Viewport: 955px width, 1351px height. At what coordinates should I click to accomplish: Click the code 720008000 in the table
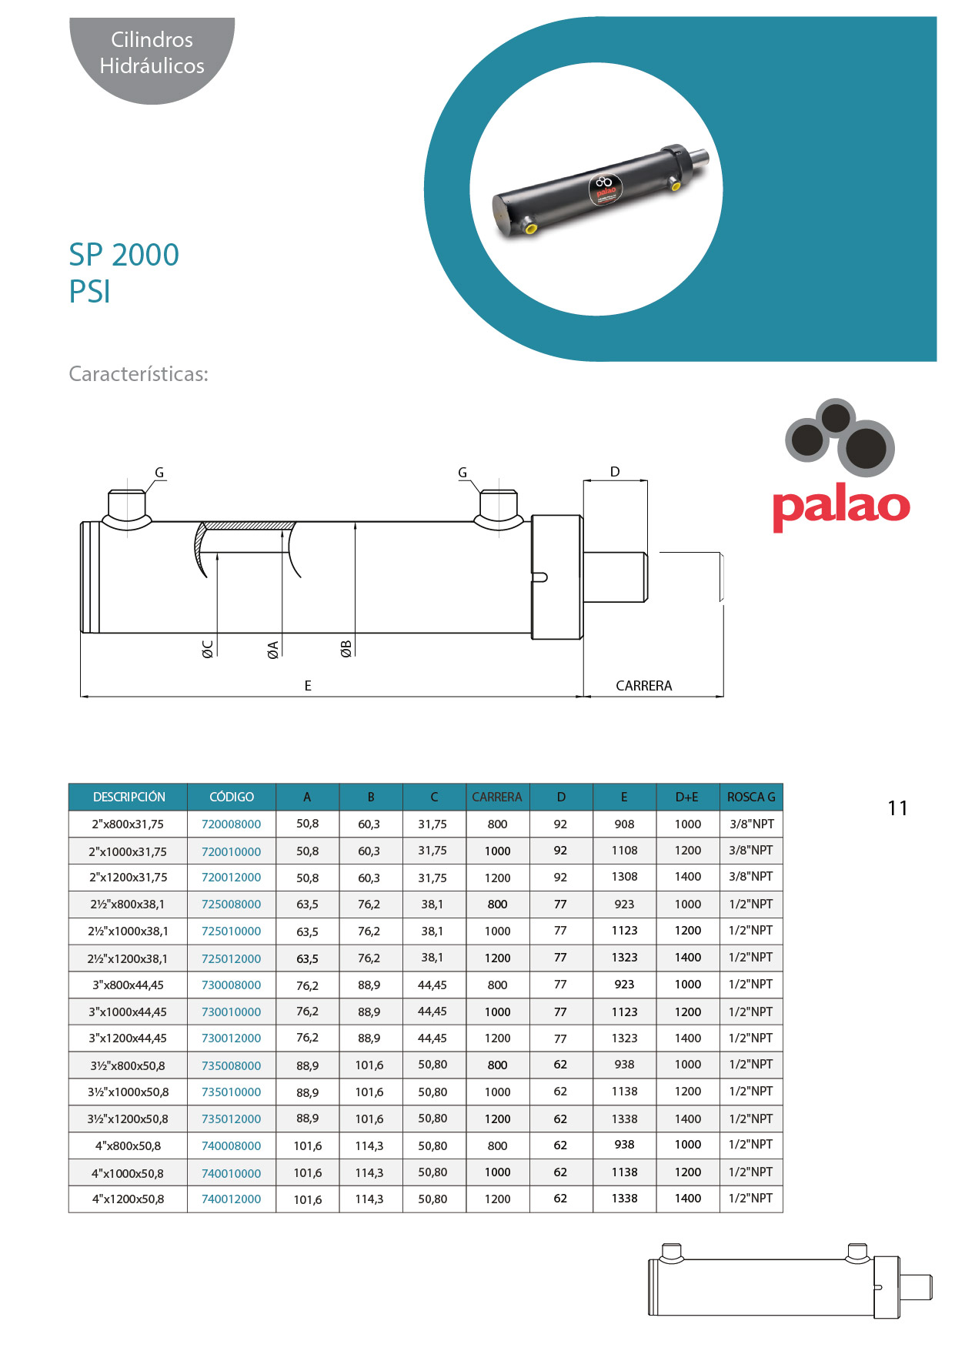(231, 824)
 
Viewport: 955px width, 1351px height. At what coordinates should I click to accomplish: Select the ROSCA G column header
(751, 797)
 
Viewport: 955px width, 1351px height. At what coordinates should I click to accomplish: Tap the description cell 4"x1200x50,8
(128, 1199)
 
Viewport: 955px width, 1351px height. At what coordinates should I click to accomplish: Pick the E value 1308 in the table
(624, 877)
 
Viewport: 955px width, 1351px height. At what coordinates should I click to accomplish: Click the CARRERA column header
(497, 797)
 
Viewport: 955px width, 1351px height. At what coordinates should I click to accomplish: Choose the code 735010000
(231, 1092)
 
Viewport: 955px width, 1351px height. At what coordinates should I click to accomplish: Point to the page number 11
(897, 808)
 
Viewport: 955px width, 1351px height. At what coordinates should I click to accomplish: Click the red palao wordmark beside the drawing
(841, 507)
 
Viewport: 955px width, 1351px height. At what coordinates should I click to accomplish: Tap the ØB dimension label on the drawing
(346, 649)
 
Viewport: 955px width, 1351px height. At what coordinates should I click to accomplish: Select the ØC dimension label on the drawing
(208, 649)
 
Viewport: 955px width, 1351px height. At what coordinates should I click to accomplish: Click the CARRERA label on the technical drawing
(643, 685)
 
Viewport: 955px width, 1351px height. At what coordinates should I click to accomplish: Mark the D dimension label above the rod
(615, 472)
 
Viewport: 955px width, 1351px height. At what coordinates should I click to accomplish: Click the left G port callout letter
(159, 473)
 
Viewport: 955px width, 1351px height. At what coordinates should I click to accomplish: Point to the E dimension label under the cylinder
(308, 685)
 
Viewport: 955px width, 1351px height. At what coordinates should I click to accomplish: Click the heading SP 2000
(124, 255)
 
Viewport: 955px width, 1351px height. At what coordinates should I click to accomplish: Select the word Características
(139, 374)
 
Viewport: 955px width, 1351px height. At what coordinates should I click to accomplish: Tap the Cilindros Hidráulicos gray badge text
(152, 52)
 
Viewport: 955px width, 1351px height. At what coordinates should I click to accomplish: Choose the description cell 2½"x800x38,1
(128, 904)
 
